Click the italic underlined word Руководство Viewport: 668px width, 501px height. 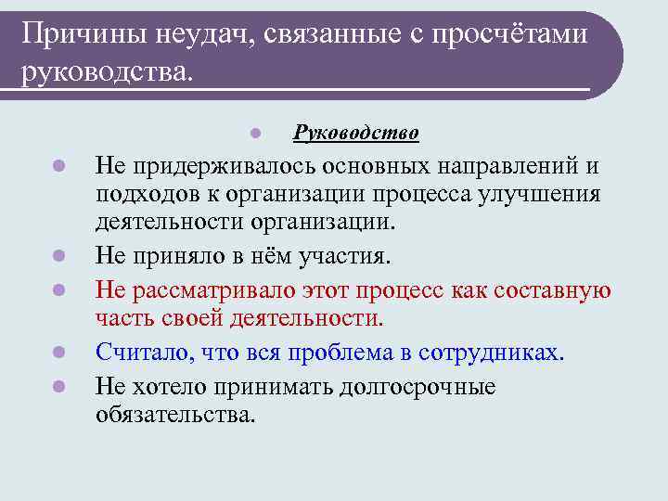pyautogui.click(x=356, y=134)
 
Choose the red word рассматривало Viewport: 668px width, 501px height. pyautogui.click(x=217, y=290)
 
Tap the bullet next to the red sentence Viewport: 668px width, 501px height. pyautogui.click(x=58, y=290)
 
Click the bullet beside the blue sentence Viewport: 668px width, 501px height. pyautogui.click(x=58, y=353)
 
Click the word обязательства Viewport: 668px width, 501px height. pyautogui.click(x=173, y=414)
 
